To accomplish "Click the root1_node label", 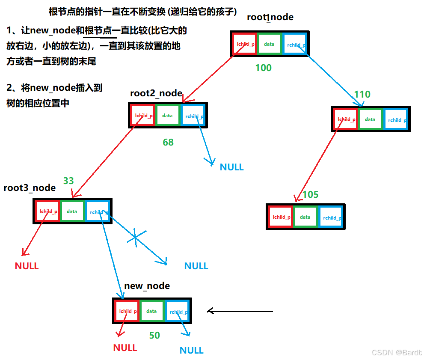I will [x=270, y=17].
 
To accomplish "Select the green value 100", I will [x=263, y=68].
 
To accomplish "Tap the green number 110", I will [x=362, y=95].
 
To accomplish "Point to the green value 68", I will [x=168, y=142].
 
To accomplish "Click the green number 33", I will [x=68, y=181].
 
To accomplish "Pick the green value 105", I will [x=310, y=195].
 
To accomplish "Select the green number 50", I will [x=154, y=336].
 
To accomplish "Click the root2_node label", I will [x=156, y=93].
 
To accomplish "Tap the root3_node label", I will [x=30, y=188].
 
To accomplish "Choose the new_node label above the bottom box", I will [x=147, y=286].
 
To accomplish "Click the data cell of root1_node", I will [x=269, y=44].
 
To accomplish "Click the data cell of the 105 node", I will [x=305, y=217].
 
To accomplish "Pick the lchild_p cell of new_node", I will [x=127, y=311].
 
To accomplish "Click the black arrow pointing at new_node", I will [x=240, y=311].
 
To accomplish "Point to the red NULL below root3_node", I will [x=27, y=266].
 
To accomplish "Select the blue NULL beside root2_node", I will [x=231, y=167].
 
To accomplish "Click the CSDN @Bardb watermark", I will [x=397, y=353].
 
